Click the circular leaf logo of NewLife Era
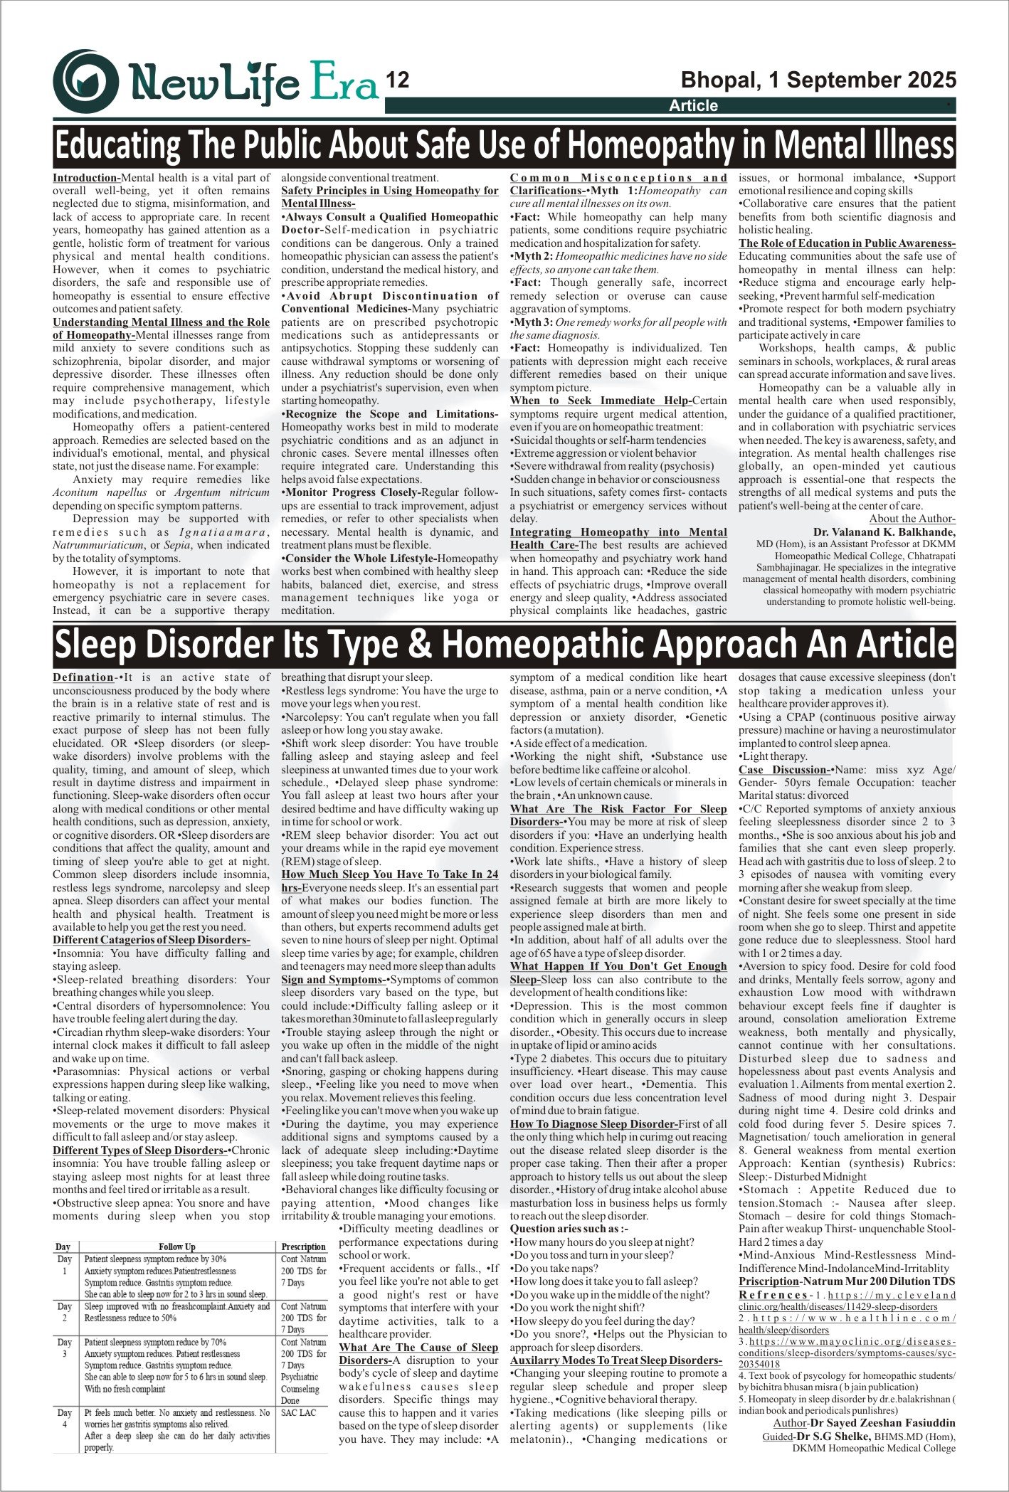tap(86, 80)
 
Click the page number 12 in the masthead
tap(397, 80)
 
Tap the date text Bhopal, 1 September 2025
tap(818, 79)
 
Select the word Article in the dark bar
tap(693, 106)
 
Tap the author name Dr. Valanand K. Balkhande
tap(884, 532)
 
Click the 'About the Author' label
tap(912, 519)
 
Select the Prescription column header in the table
tap(303, 1247)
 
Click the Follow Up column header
tap(176, 1247)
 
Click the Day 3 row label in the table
tap(65, 1348)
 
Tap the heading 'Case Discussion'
tap(783, 770)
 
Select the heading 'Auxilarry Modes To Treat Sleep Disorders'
tap(616, 1360)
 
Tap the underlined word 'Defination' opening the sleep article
tap(83, 677)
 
